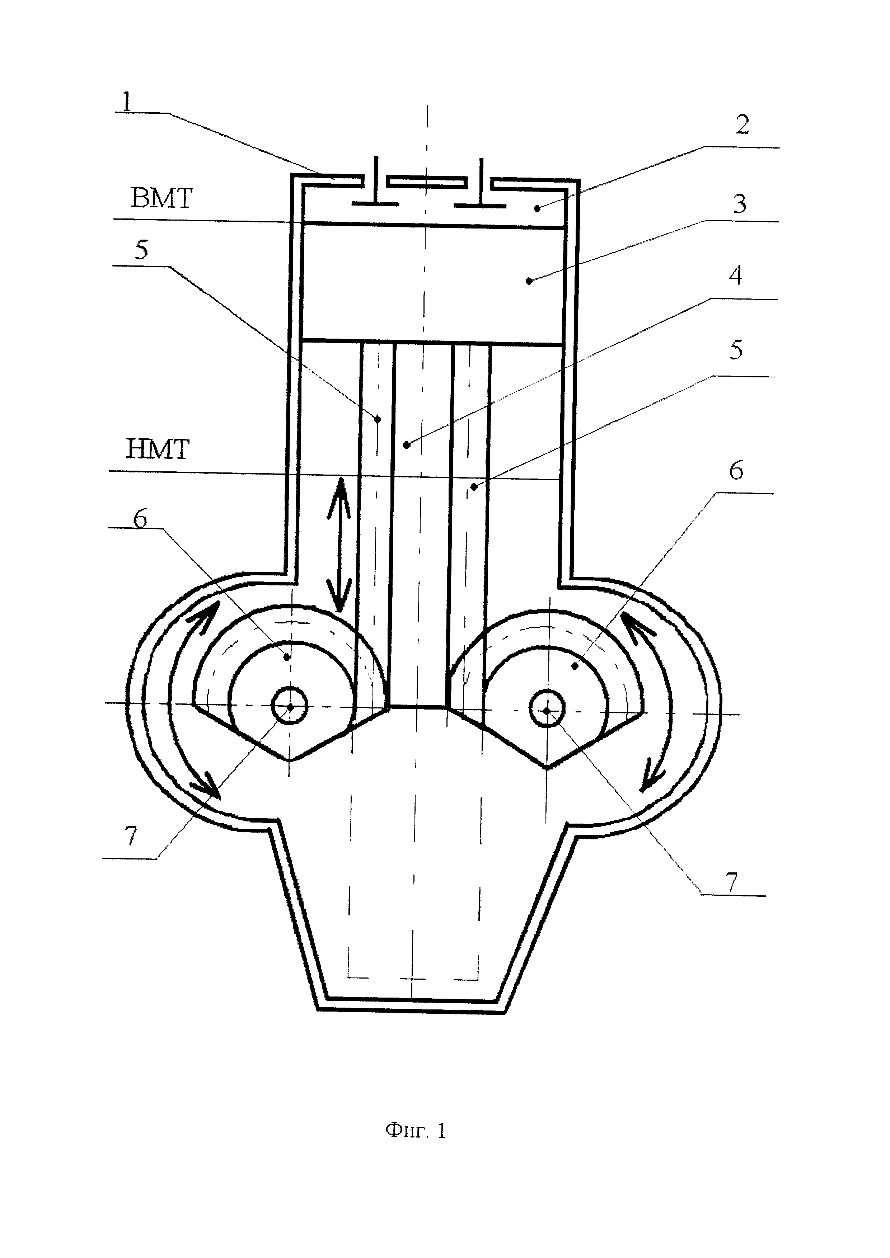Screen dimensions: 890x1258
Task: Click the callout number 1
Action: pos(127,102)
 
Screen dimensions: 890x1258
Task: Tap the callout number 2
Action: pos(742,125)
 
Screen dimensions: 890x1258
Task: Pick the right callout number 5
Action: pos(736,350)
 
